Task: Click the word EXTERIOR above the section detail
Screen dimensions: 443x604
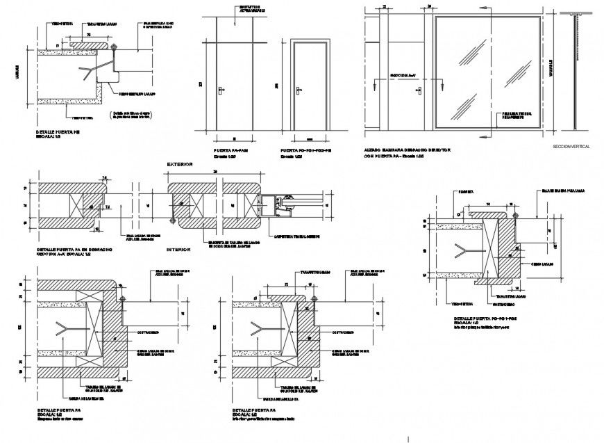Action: (x=179, y=164)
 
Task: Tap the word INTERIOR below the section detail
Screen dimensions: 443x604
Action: (x=178, y=248)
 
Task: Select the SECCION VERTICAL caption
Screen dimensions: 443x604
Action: (x=571, y=147)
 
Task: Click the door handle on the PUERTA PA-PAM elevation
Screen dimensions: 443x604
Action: (x=220, y=90)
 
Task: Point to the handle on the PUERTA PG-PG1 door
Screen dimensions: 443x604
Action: (x=299, y=90)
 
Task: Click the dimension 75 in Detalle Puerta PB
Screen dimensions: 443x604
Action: (x=88, y=33)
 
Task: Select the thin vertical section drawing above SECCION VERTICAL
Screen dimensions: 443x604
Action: (x=576, y=70)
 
